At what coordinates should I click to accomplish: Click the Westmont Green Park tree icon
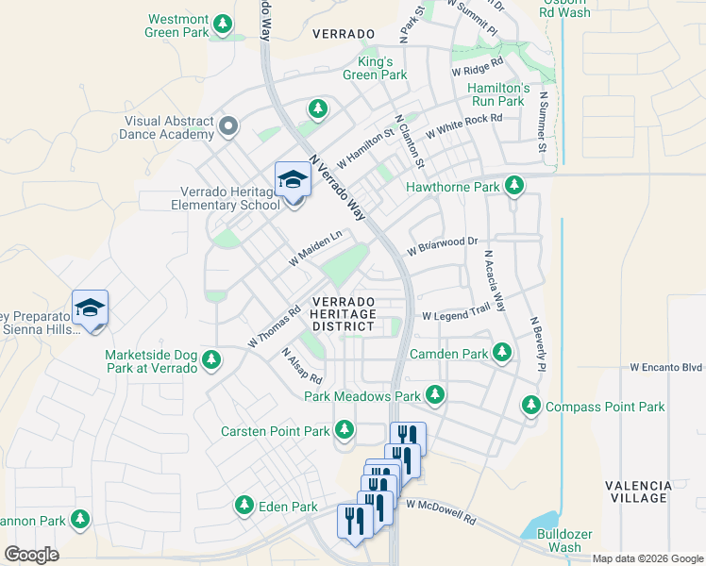point(223,23)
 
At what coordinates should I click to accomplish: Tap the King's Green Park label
point(375,68)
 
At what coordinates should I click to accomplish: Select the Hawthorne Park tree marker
point(514,187)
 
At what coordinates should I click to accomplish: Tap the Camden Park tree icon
point(502,354)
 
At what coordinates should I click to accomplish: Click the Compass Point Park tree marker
point(531,407)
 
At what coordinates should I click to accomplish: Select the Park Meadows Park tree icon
point(435,395)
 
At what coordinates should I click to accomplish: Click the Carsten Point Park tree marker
point(345,430)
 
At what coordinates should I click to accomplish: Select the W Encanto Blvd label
point(666,367)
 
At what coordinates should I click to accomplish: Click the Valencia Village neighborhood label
point(639,491)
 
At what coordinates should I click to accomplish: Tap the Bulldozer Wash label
point(564,541)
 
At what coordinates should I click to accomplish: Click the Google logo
point(32,555)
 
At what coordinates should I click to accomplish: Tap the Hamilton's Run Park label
point(496,94)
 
